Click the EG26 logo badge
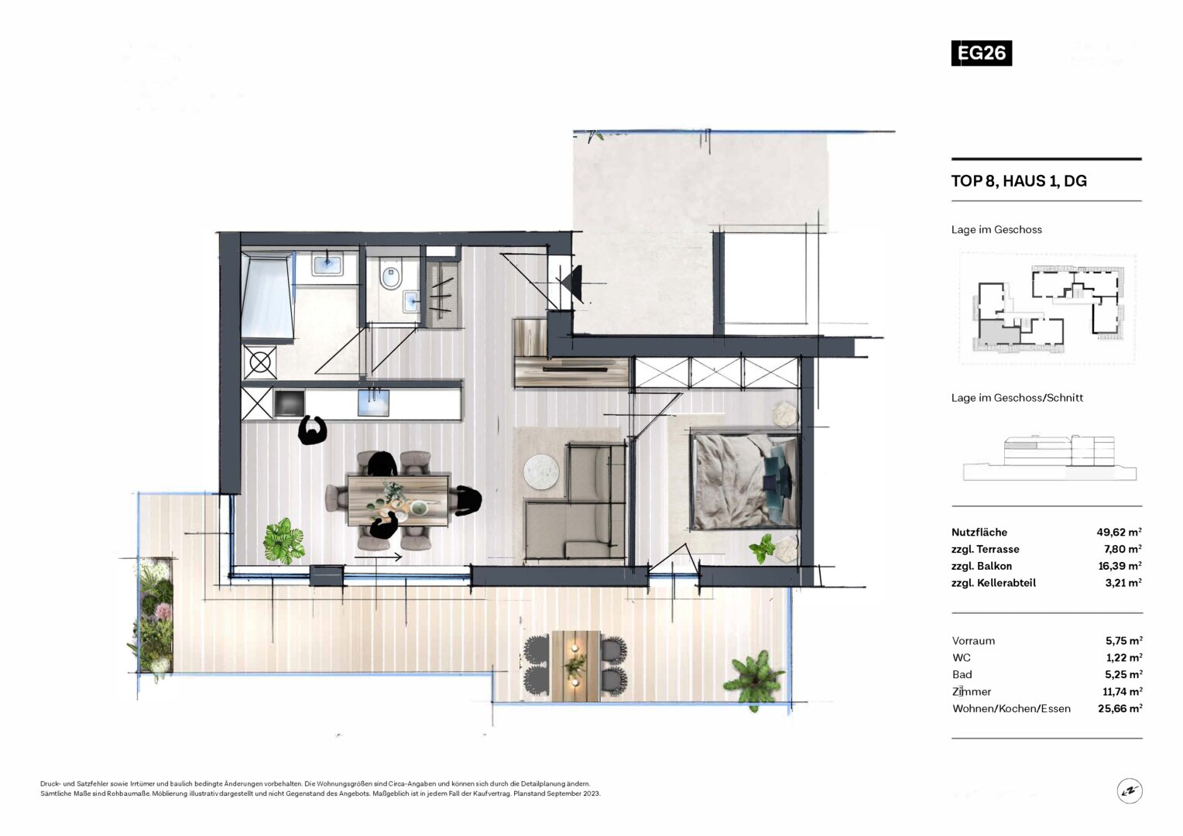(x=981, y=53)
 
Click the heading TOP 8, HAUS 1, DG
(x=1019, y=181)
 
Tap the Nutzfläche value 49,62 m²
(x=1119, y=532)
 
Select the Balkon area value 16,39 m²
(x=1120, y=566)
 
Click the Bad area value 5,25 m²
(x=1124, y=674)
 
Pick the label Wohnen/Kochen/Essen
(x=1011, y=709)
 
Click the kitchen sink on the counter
(x=373, y=403)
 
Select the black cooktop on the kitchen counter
(x=289, y=403)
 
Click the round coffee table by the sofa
(x=541, y=471)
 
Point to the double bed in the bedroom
(x=745, y=481)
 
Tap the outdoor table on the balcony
(x=575, y=666)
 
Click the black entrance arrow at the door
(x=572, y=283)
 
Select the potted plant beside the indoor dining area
(x=284, y=541)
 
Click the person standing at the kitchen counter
(x=312, y=430)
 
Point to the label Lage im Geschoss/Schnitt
(x=1017, y=398)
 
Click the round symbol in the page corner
(x=1130, y=790)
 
